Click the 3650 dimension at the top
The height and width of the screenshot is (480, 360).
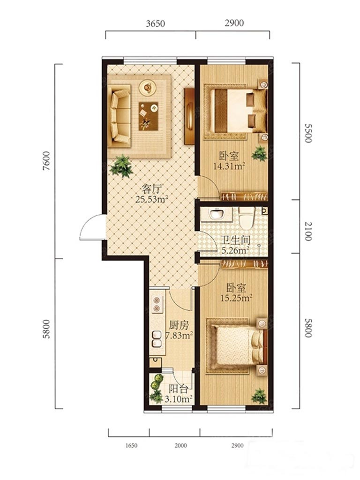pyautogui.click(x=155, y=23)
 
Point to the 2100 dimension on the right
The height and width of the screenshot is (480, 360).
pyautogui.click(x=308, y=231)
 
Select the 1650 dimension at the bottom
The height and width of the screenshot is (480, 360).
pyautogui.click(x=131, y=445)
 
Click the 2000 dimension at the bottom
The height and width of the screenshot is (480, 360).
pyautogui.click(x=180, y=445)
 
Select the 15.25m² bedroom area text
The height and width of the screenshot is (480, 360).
pyautogui.click(x=236, y=298)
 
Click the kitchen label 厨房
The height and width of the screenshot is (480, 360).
pyautogui.click(x=179, y=325)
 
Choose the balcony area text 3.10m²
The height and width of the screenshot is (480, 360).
pyautogui.click(x=179, y=399)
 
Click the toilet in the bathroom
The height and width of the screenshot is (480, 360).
pyautogui.click(x=247, y=217)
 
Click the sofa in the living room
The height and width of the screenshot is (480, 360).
pyautogui.click(x=120, y=115)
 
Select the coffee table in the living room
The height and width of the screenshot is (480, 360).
pyautogui.click(x=148, y=116)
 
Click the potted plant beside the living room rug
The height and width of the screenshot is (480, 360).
pyautogui.click(x=122, y=165)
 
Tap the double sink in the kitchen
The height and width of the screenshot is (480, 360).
pyautogui.click(x=157, y=339)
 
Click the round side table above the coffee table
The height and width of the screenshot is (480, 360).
pyautogui.click(x=148, y=88)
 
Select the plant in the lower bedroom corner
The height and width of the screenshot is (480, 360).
pyautogui.click(x=259, y=396)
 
